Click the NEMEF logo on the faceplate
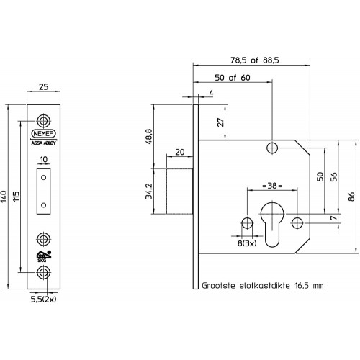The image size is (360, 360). pos(43,133)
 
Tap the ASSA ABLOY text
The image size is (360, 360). pos(43,143)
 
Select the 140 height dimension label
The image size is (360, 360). pos(4,197)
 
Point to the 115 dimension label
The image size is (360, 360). pos(16,197)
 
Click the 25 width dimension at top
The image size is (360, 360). pos(43,87)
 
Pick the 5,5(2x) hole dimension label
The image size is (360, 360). pos(43,300)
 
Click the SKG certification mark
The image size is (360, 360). pos(43,256)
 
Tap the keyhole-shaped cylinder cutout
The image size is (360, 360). pos(272,225)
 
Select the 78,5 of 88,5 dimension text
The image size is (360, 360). pos(255,60)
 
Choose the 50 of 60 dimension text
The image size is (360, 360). pos(233,78)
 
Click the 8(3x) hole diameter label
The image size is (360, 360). pos(247,243)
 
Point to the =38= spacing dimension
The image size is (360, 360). pos(272,186)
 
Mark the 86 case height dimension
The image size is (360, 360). pos(351,197)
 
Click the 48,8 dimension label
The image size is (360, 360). pos(149,137)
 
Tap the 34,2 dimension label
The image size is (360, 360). pos(149,192)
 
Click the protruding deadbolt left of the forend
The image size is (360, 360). pos(179,192)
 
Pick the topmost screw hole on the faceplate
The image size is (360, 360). pos(43,120)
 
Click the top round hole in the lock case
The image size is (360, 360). pos(272,148)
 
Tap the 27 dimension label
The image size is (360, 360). pos(221,122)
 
